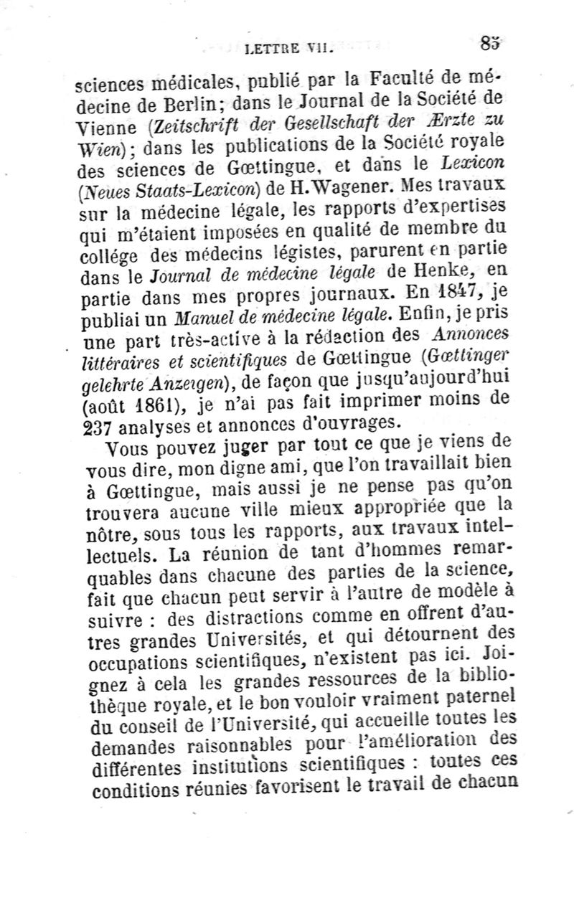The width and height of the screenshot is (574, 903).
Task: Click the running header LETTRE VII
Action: (x=286, y=49)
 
